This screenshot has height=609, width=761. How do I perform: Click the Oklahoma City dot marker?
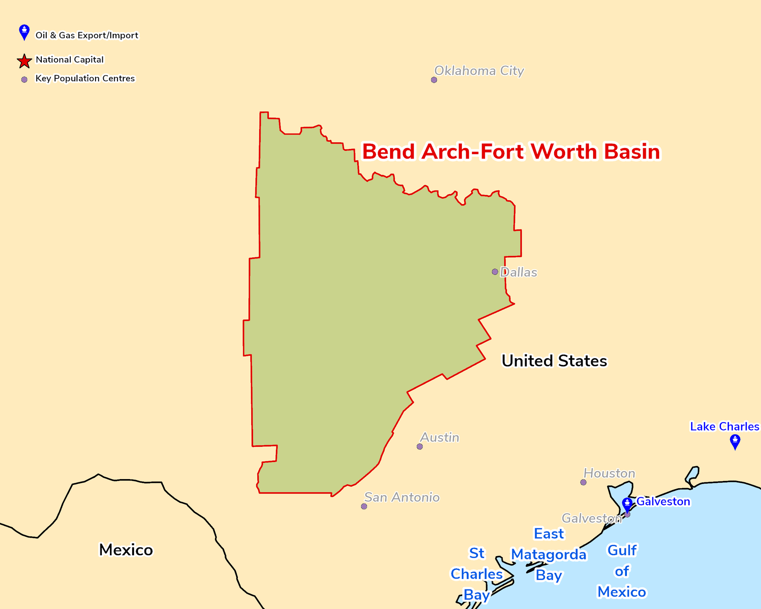click(x=434, y=80)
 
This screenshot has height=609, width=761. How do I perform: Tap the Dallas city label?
click(x=518, y=273)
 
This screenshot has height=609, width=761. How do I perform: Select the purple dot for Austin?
click(x=420, y=447)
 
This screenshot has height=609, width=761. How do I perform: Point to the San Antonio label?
click(x=402, y=497)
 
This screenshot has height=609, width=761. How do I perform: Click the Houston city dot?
click(x=583, y=482)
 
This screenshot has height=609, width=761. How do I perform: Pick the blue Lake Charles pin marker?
click(x=735, y=442)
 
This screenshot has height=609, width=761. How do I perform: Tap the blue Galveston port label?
click(x=663, y=501)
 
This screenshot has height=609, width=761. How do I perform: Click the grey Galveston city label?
click(x=591, y=518)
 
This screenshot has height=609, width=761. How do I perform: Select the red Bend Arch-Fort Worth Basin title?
click(x=511, y=152)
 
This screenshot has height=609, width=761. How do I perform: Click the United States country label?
click(x=554, y=361)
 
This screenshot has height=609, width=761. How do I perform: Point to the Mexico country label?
click(x=126, y=550)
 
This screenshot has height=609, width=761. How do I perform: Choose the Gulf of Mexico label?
click(x=622, y=571)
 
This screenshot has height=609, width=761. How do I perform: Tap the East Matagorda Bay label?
click(x=549, y=554)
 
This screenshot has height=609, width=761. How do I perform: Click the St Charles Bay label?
click(x=477, y=574)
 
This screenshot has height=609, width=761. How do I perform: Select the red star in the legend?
click(x=24, y=61)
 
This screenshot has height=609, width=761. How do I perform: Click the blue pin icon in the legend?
click(x=24, y=32)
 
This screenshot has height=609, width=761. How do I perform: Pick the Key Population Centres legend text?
click(x=85, y=79)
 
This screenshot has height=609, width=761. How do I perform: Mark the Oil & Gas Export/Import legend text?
click(x=87, y=35)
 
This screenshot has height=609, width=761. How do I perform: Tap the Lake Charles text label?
click(x=724, y=426)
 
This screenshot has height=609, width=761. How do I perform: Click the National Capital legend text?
click(x=69, y=59)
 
